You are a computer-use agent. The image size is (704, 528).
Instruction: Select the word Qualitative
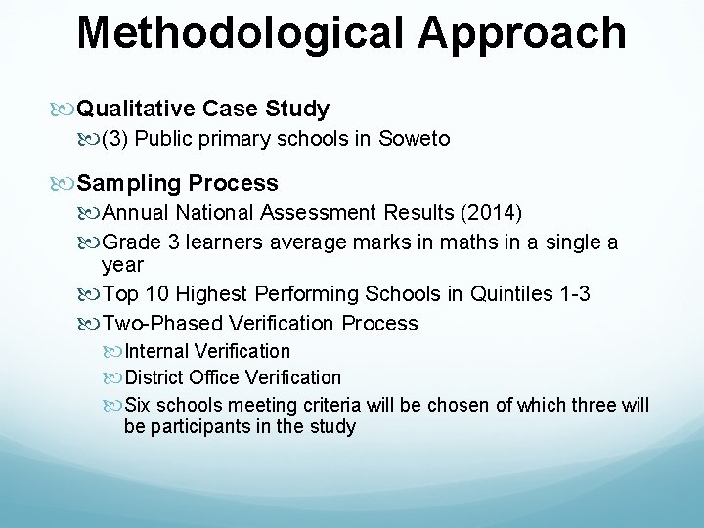coord(136,109)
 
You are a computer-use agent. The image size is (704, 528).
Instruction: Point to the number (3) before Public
coord(115,139)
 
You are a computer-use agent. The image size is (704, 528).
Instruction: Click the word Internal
coord(156,351)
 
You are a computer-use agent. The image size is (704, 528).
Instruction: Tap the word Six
coord(140,404)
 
